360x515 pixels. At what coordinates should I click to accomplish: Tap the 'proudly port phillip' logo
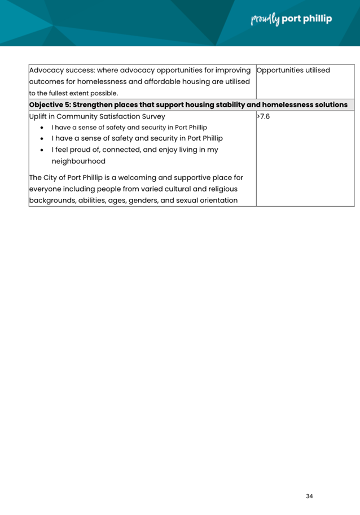coord(291,19)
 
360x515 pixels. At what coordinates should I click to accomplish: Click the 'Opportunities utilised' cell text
coord(293,71)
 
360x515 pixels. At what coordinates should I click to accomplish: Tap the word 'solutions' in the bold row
coord(328,105)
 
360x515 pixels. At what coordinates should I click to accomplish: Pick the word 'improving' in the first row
coord(230,71)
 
